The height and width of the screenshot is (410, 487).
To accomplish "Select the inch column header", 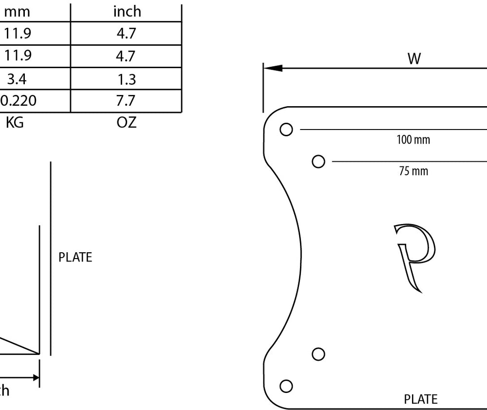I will (127, 11).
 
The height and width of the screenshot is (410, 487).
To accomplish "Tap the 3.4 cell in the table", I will (17, 79).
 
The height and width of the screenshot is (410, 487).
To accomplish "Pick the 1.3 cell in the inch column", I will (126, 79).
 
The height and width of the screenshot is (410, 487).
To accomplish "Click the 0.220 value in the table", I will (19, 101).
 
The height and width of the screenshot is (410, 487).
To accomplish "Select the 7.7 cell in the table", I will (126, 101).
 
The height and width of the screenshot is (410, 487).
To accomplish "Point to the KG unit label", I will (14, 122).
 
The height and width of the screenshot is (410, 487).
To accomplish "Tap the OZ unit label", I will (127, 122).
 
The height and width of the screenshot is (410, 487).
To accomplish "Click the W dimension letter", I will (414, 59).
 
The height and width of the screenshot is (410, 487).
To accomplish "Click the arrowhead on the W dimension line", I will (273, 68).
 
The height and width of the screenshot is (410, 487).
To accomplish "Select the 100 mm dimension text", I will (413, 140).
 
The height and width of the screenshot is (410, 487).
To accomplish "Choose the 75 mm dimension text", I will (413, 171).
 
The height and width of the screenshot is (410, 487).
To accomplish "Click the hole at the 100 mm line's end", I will (286, 130).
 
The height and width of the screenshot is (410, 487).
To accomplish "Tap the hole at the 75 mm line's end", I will (318, 161).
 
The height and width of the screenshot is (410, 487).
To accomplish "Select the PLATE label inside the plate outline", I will (421, 400).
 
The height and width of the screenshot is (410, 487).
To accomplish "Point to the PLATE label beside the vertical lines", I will (75, 258).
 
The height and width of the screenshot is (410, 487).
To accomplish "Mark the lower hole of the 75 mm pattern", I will (318, 354).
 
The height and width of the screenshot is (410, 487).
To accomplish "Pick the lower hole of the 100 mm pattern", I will (286, 386).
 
